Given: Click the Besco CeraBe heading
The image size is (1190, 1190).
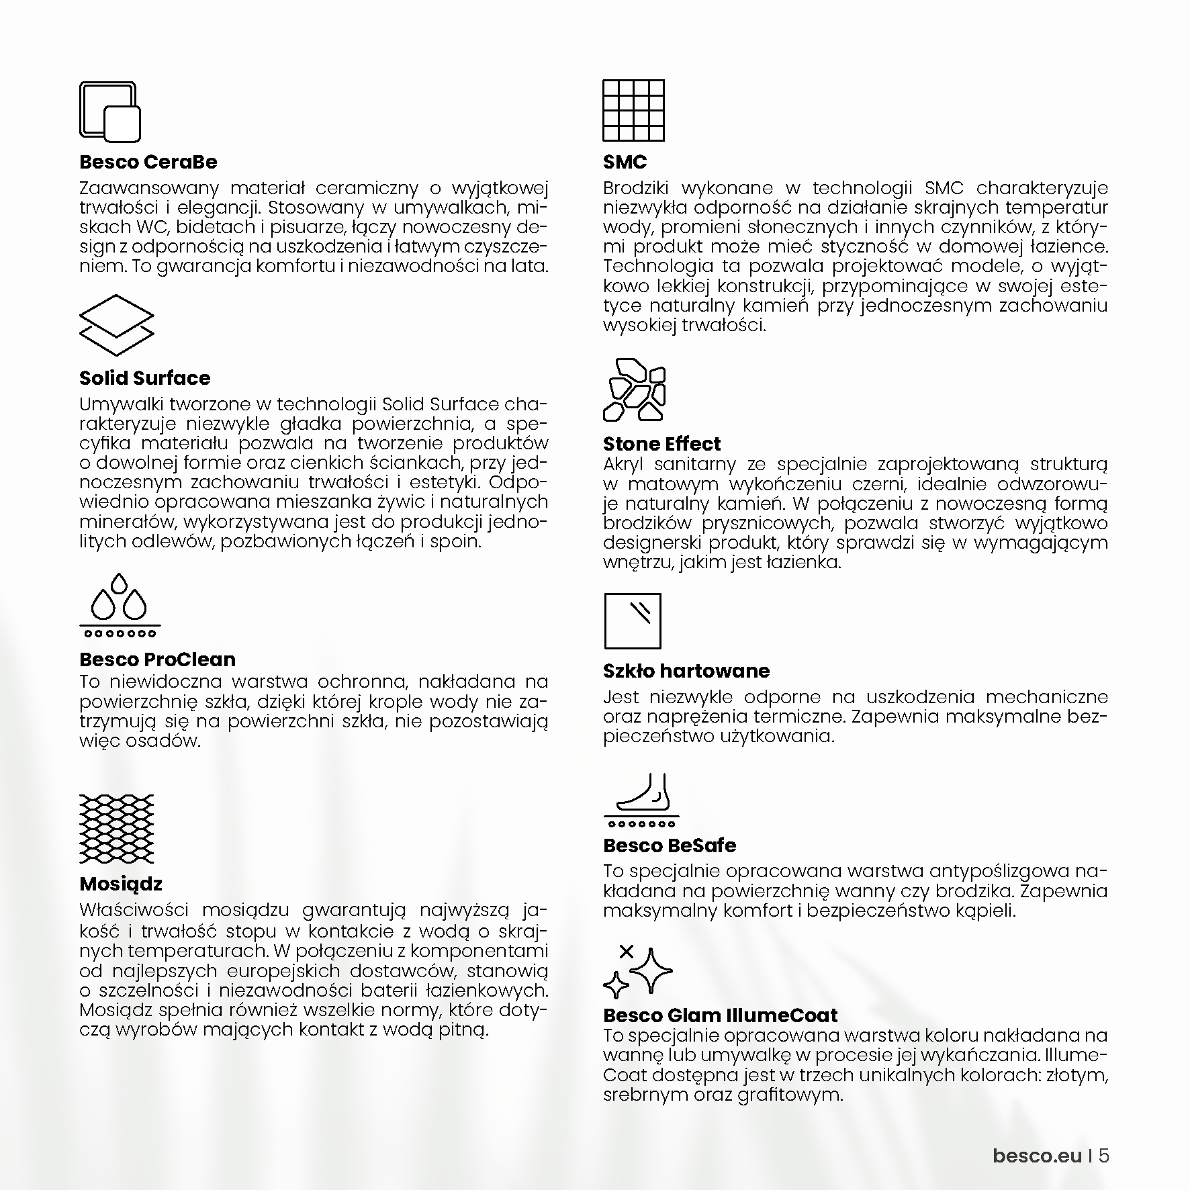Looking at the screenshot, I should tap(148, 163).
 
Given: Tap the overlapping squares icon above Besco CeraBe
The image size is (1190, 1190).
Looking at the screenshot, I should tap(110, 111).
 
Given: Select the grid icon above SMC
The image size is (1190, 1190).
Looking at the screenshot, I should tap(633, 110).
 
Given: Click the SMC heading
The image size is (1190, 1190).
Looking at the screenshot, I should tap(625, 163).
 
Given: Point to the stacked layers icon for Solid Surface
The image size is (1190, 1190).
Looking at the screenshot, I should tap(117, 325).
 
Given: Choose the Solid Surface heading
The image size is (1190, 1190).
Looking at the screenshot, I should tap(144, 378).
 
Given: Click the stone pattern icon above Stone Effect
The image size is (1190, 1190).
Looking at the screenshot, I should tap(634, 389).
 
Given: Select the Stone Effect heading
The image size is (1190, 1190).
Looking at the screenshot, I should tap(661, 444).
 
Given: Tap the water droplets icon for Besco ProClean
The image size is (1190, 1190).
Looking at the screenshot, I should tap(120, 605).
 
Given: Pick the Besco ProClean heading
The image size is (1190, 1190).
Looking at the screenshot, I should tap(157, 659).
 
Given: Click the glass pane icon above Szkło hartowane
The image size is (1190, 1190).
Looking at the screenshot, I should tap(633, 621).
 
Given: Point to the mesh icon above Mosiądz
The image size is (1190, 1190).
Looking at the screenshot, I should tap(117, 829).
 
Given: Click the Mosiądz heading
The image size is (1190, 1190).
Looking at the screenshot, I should tap(121, 884).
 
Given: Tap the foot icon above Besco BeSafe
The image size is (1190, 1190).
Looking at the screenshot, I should tap(641, 799).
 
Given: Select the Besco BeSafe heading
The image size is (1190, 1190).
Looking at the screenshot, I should tap(670, 845).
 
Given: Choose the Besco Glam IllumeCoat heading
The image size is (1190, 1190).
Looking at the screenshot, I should tap(721, 1015).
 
